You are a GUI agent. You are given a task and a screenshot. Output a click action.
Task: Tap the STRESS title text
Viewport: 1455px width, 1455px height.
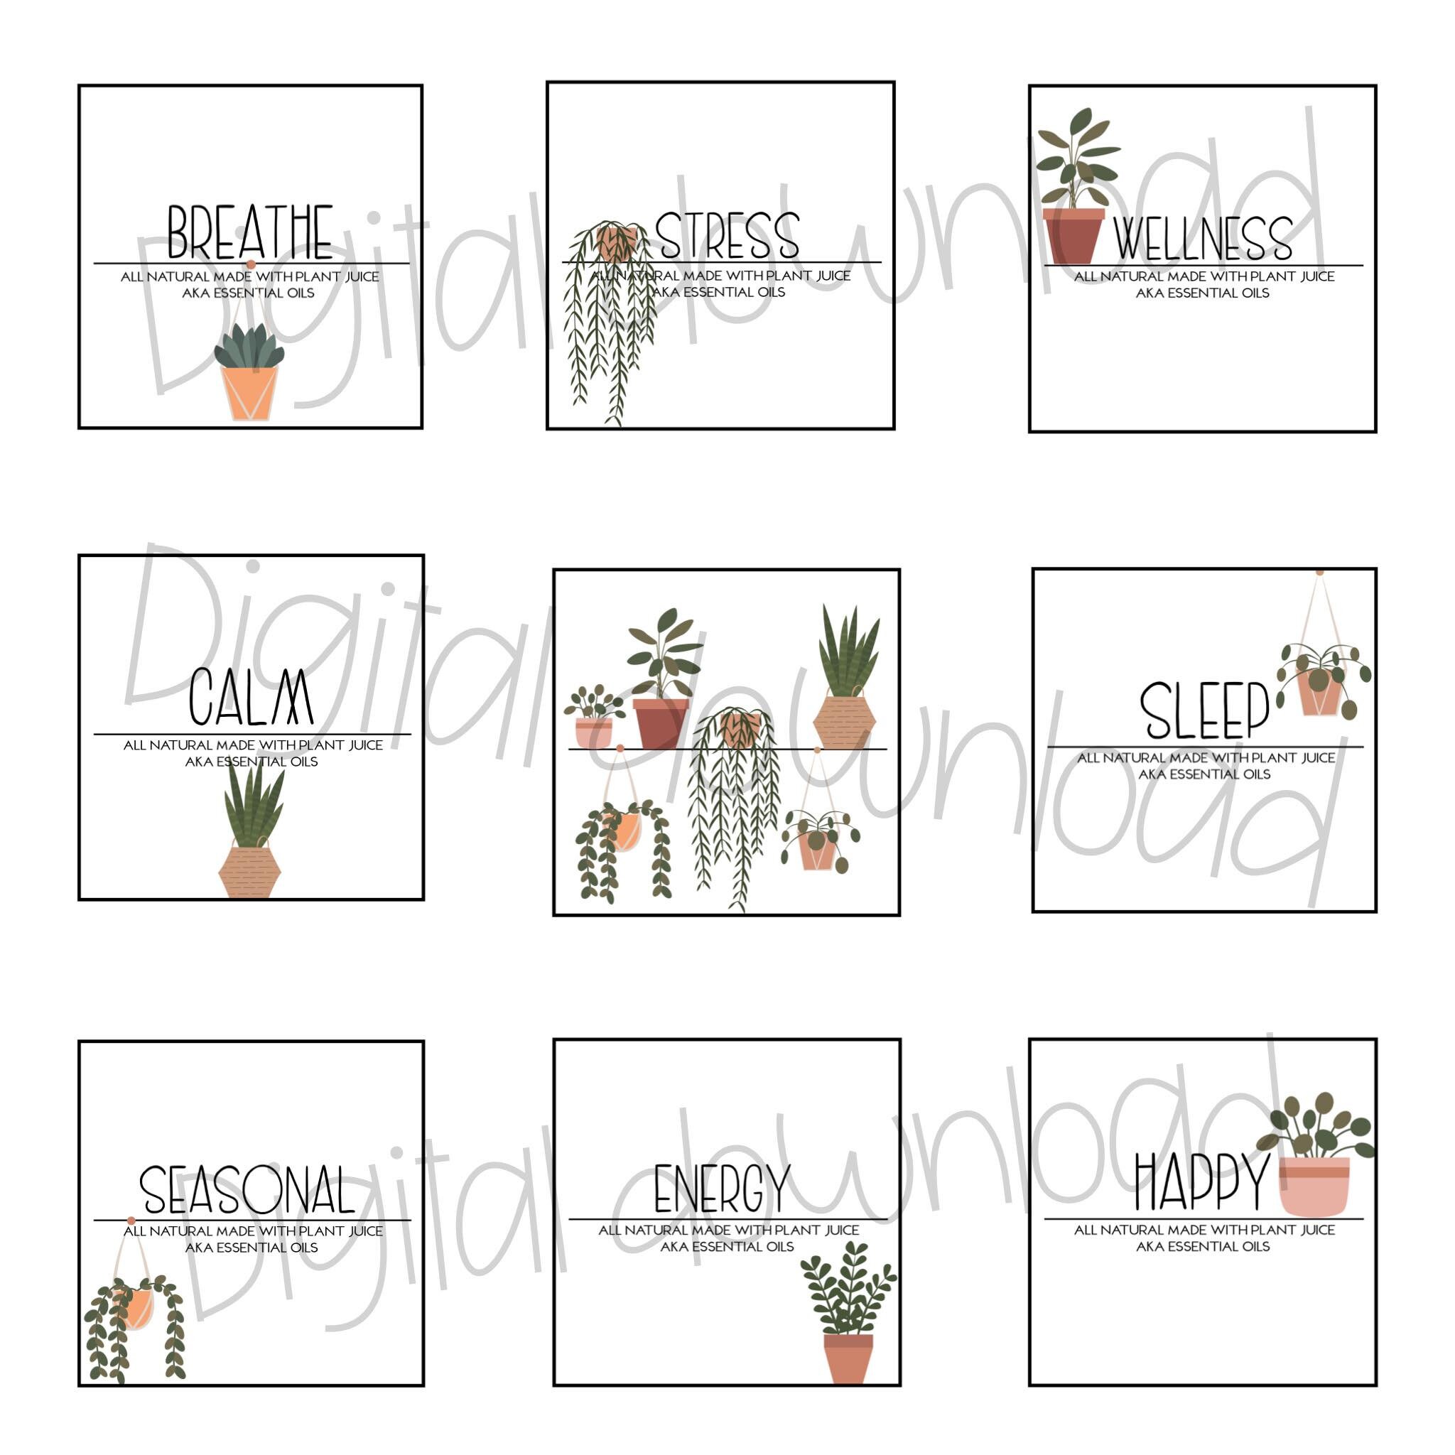726,236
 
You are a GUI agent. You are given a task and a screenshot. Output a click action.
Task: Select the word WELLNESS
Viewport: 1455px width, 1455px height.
1202,239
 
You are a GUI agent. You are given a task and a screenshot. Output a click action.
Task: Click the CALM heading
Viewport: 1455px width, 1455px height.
250,698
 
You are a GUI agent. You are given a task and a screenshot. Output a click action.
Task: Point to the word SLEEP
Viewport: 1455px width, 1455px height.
1204,711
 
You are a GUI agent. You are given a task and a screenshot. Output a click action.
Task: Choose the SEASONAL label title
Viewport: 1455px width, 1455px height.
247,1190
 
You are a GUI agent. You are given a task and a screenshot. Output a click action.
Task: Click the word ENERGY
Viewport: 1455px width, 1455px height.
722,1189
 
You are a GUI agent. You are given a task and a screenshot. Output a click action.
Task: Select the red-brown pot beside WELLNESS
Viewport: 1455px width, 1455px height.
1072,236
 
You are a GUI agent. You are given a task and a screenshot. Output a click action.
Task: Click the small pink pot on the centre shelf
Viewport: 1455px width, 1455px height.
593,732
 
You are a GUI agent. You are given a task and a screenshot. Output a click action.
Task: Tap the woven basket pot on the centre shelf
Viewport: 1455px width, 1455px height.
843,720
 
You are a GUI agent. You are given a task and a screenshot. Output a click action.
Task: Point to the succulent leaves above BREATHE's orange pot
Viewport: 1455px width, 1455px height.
249,347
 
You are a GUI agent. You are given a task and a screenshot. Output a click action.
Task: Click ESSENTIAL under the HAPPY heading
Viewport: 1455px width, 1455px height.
1204,1246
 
